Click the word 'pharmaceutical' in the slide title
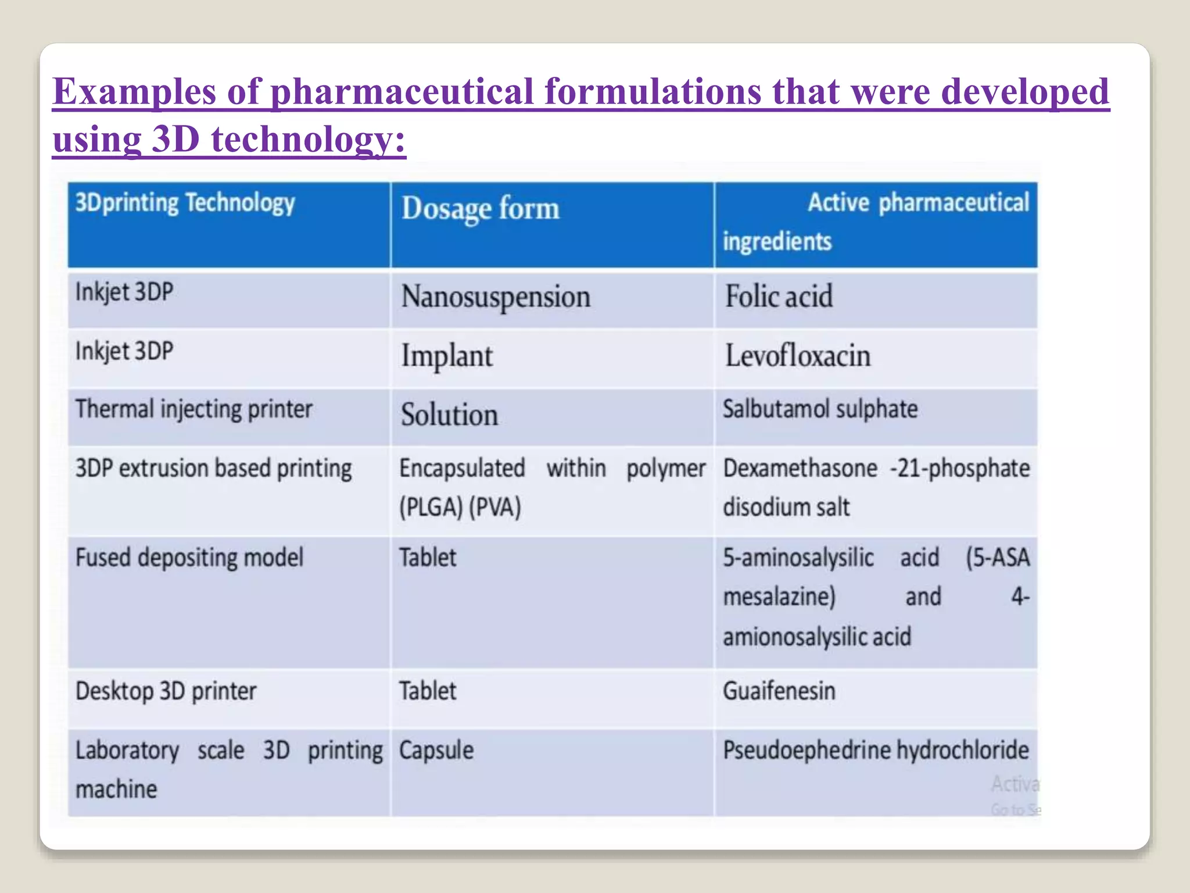click(x=402, y=92)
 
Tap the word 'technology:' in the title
click(x=308, y=140)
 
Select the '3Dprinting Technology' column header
click(x=185, y=203)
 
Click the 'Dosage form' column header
click(x=480, y=209)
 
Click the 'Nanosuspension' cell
click(x=496, y=297)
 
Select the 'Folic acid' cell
click(x=779, y=297)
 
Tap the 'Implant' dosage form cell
click(x=447, y=356)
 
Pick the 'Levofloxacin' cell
click(x=798, y=356)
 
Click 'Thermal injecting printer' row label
click(x=194, y=409)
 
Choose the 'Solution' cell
click(x=449, y=415)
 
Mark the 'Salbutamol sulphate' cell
click(x=820, y=409)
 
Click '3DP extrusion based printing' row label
click(x=213, y=469)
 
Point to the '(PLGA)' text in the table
click(x=431, y=508)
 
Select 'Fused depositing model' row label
click(x=189, y=558)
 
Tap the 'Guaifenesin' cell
click(x=779, y=691)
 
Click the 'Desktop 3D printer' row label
click(x=166, y=691)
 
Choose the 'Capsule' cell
click(x=436, y=750)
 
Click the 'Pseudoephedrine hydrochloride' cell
click(x=876, y=750)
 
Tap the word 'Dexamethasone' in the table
click(x=800, y=469)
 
